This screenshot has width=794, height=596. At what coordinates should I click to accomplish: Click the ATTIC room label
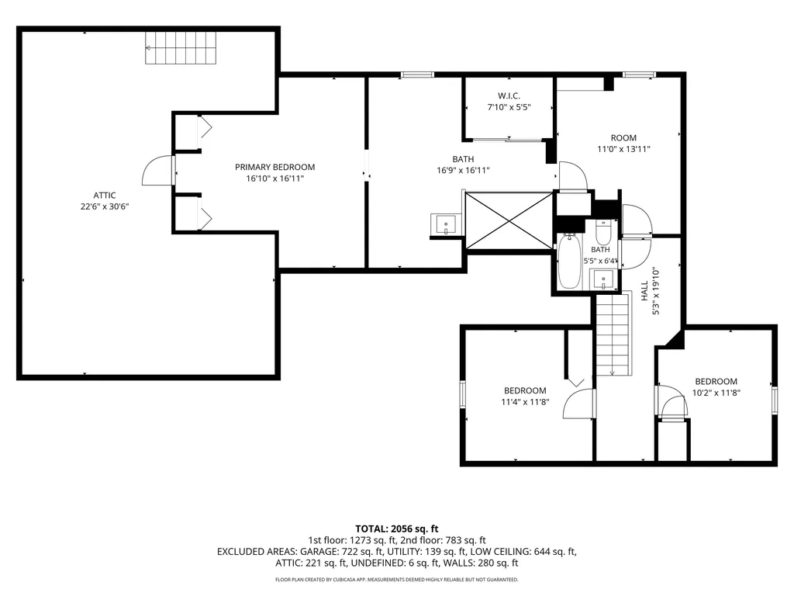[x=105, y=195]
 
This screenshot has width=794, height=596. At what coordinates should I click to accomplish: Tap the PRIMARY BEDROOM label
[x=275, y=167]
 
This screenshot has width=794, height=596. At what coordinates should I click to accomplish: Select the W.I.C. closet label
[x=509, y=95]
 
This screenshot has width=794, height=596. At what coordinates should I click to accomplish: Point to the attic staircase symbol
[x=181, y=47]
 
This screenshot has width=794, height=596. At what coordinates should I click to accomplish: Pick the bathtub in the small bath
[x=569, y=261]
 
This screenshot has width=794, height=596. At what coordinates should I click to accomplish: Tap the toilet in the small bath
[x=603, y=232]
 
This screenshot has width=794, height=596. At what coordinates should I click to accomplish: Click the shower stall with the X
[x=509, y=220]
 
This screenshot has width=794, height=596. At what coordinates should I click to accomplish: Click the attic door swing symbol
[x=158, y=170]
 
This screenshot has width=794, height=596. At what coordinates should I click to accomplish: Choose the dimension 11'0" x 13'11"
[x=623, y=149]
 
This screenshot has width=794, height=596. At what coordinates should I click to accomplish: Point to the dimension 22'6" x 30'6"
[x=105, y=206]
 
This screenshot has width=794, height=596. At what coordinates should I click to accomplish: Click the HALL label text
[x=644, y=291]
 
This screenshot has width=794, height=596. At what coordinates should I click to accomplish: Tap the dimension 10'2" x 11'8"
[x=716, y=392]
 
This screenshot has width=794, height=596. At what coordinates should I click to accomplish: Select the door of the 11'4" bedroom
[x=579, y=404]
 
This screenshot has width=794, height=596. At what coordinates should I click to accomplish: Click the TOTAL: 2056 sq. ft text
[x=396, y=529]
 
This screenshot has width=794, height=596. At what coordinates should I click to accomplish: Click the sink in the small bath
[x=603, y=279]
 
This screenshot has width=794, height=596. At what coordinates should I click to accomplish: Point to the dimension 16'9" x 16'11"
[x=463, y=170]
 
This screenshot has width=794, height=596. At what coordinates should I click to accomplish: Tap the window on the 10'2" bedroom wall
[x=775, y=400]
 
